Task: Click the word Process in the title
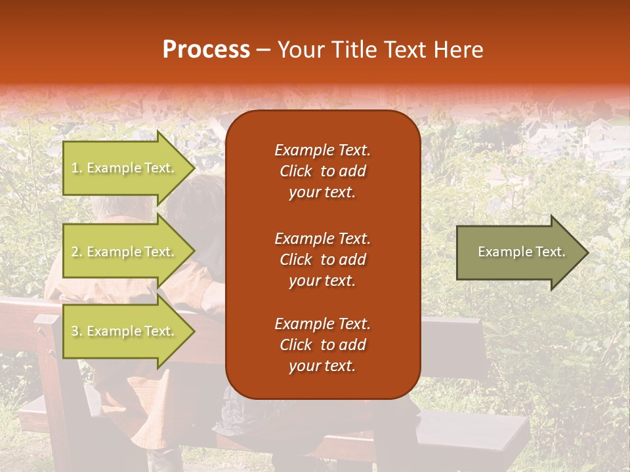pyautogui.click(x=206, y=50)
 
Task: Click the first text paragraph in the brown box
pyautogui.click(x=322, y=171)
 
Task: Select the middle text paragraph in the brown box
pyautogui.click(x=322, y=260)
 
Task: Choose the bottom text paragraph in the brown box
pyautogui.click(x=322, y=345)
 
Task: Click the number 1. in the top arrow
pyautogui.click(x=77, y=168)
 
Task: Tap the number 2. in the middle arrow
pyautogui.click(x=77, y=252)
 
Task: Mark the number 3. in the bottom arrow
pyautogui.click(x=77, y=331)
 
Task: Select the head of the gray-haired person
pyautogui.click(x=115, y=206)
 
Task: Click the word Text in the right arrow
pyautogui.click(x=551, y=252)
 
